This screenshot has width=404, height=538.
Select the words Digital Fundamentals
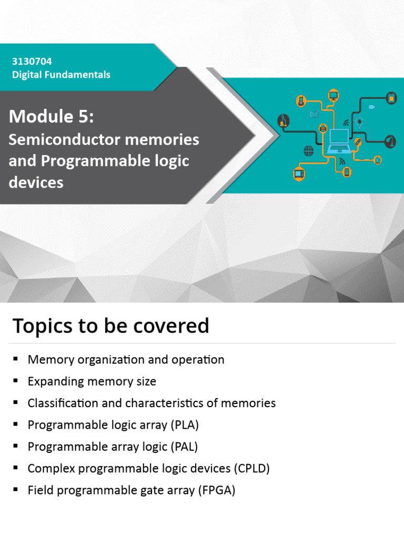[61, 75]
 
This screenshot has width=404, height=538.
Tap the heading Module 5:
[51, 117]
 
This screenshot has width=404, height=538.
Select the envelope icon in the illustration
[315, 115]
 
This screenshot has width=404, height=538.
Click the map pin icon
[359, 122]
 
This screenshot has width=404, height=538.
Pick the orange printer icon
[323, 128]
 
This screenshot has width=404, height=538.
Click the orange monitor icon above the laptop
[333, 95]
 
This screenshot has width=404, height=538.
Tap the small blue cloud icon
[371, 107]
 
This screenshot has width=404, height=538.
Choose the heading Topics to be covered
[110, 326]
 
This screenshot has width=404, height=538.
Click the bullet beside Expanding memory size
[15, 381]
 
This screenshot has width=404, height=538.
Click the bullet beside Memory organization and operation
[15, 359]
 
